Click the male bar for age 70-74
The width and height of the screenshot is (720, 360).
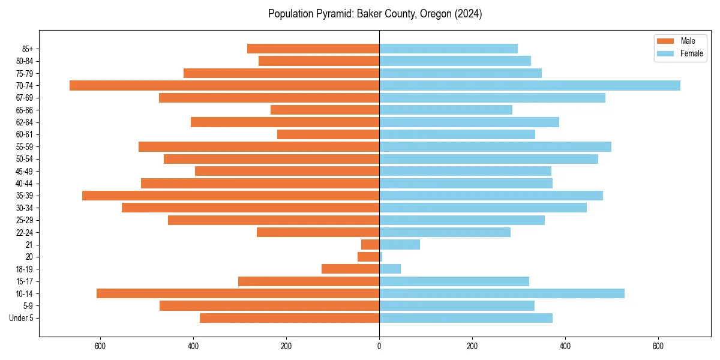click(224, 85)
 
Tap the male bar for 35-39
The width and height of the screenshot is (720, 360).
click(230, 196)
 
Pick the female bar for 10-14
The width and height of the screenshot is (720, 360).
click(502, 293)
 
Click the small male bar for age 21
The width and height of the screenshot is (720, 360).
click(370, 245)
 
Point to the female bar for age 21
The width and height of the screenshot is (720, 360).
click(400, 245)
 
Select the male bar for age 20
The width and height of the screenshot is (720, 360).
click(368, 257)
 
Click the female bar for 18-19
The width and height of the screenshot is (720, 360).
click(390, 269)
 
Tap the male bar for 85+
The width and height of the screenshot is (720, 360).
click(313, 49)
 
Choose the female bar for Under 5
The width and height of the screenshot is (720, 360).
click(466, 318)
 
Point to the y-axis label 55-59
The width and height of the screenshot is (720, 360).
click(25, 147)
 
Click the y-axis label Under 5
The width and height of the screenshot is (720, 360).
click(22, 318)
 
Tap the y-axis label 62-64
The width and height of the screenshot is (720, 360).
click(25, 122)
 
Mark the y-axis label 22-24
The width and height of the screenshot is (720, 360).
click(25, 233)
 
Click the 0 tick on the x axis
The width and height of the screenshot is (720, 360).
click(379, 346)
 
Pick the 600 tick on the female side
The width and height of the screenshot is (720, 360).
click(658, 346)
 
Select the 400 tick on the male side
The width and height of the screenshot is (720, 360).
click(193, 346)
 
